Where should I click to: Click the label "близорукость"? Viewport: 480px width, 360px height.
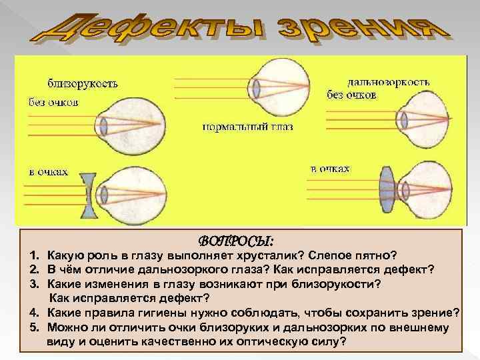click(83, 84)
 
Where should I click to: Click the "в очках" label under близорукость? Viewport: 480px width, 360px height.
click(47, 171)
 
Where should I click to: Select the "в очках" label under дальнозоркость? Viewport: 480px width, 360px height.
click(330, 169)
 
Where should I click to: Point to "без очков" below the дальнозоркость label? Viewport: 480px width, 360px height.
click(351, 95)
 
